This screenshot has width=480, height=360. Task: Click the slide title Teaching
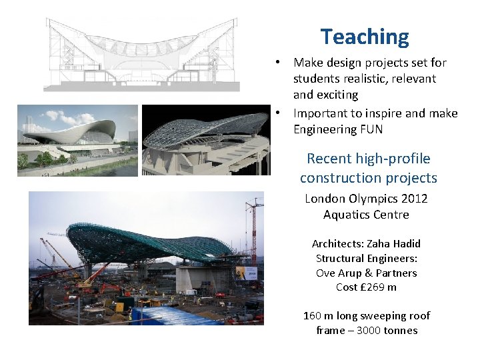coord(364,37)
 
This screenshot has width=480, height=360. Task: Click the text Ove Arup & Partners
coord(366,273)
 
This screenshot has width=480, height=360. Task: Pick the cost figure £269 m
coord(378,287)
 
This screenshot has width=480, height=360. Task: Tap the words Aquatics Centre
coord(366,215)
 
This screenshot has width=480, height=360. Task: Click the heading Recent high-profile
coord(368,159)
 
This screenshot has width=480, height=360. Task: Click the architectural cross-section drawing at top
coord(141,55)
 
